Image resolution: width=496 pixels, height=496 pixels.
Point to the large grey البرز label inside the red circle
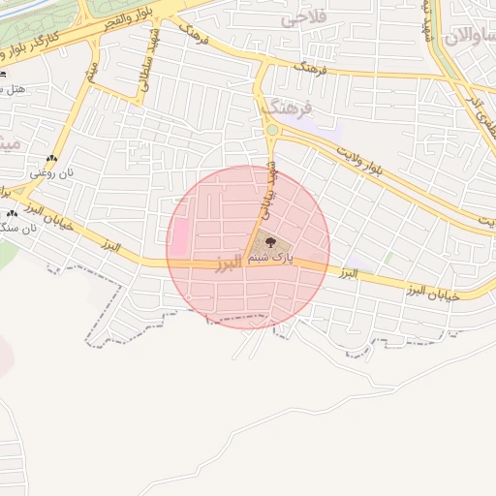tap(230, 265)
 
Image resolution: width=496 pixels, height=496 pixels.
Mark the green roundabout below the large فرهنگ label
tap(272, 130)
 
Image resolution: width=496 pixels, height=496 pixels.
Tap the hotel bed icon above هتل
tap(4, 74)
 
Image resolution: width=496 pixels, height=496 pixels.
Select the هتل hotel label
tap(13, 88)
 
